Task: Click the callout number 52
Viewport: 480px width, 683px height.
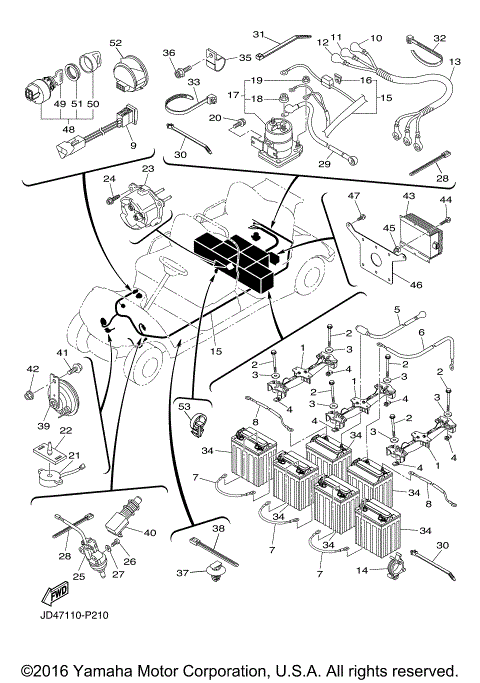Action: click(115, 43)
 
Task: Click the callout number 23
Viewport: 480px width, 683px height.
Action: click(148, 170)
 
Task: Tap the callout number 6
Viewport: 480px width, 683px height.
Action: click(421, 333)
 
